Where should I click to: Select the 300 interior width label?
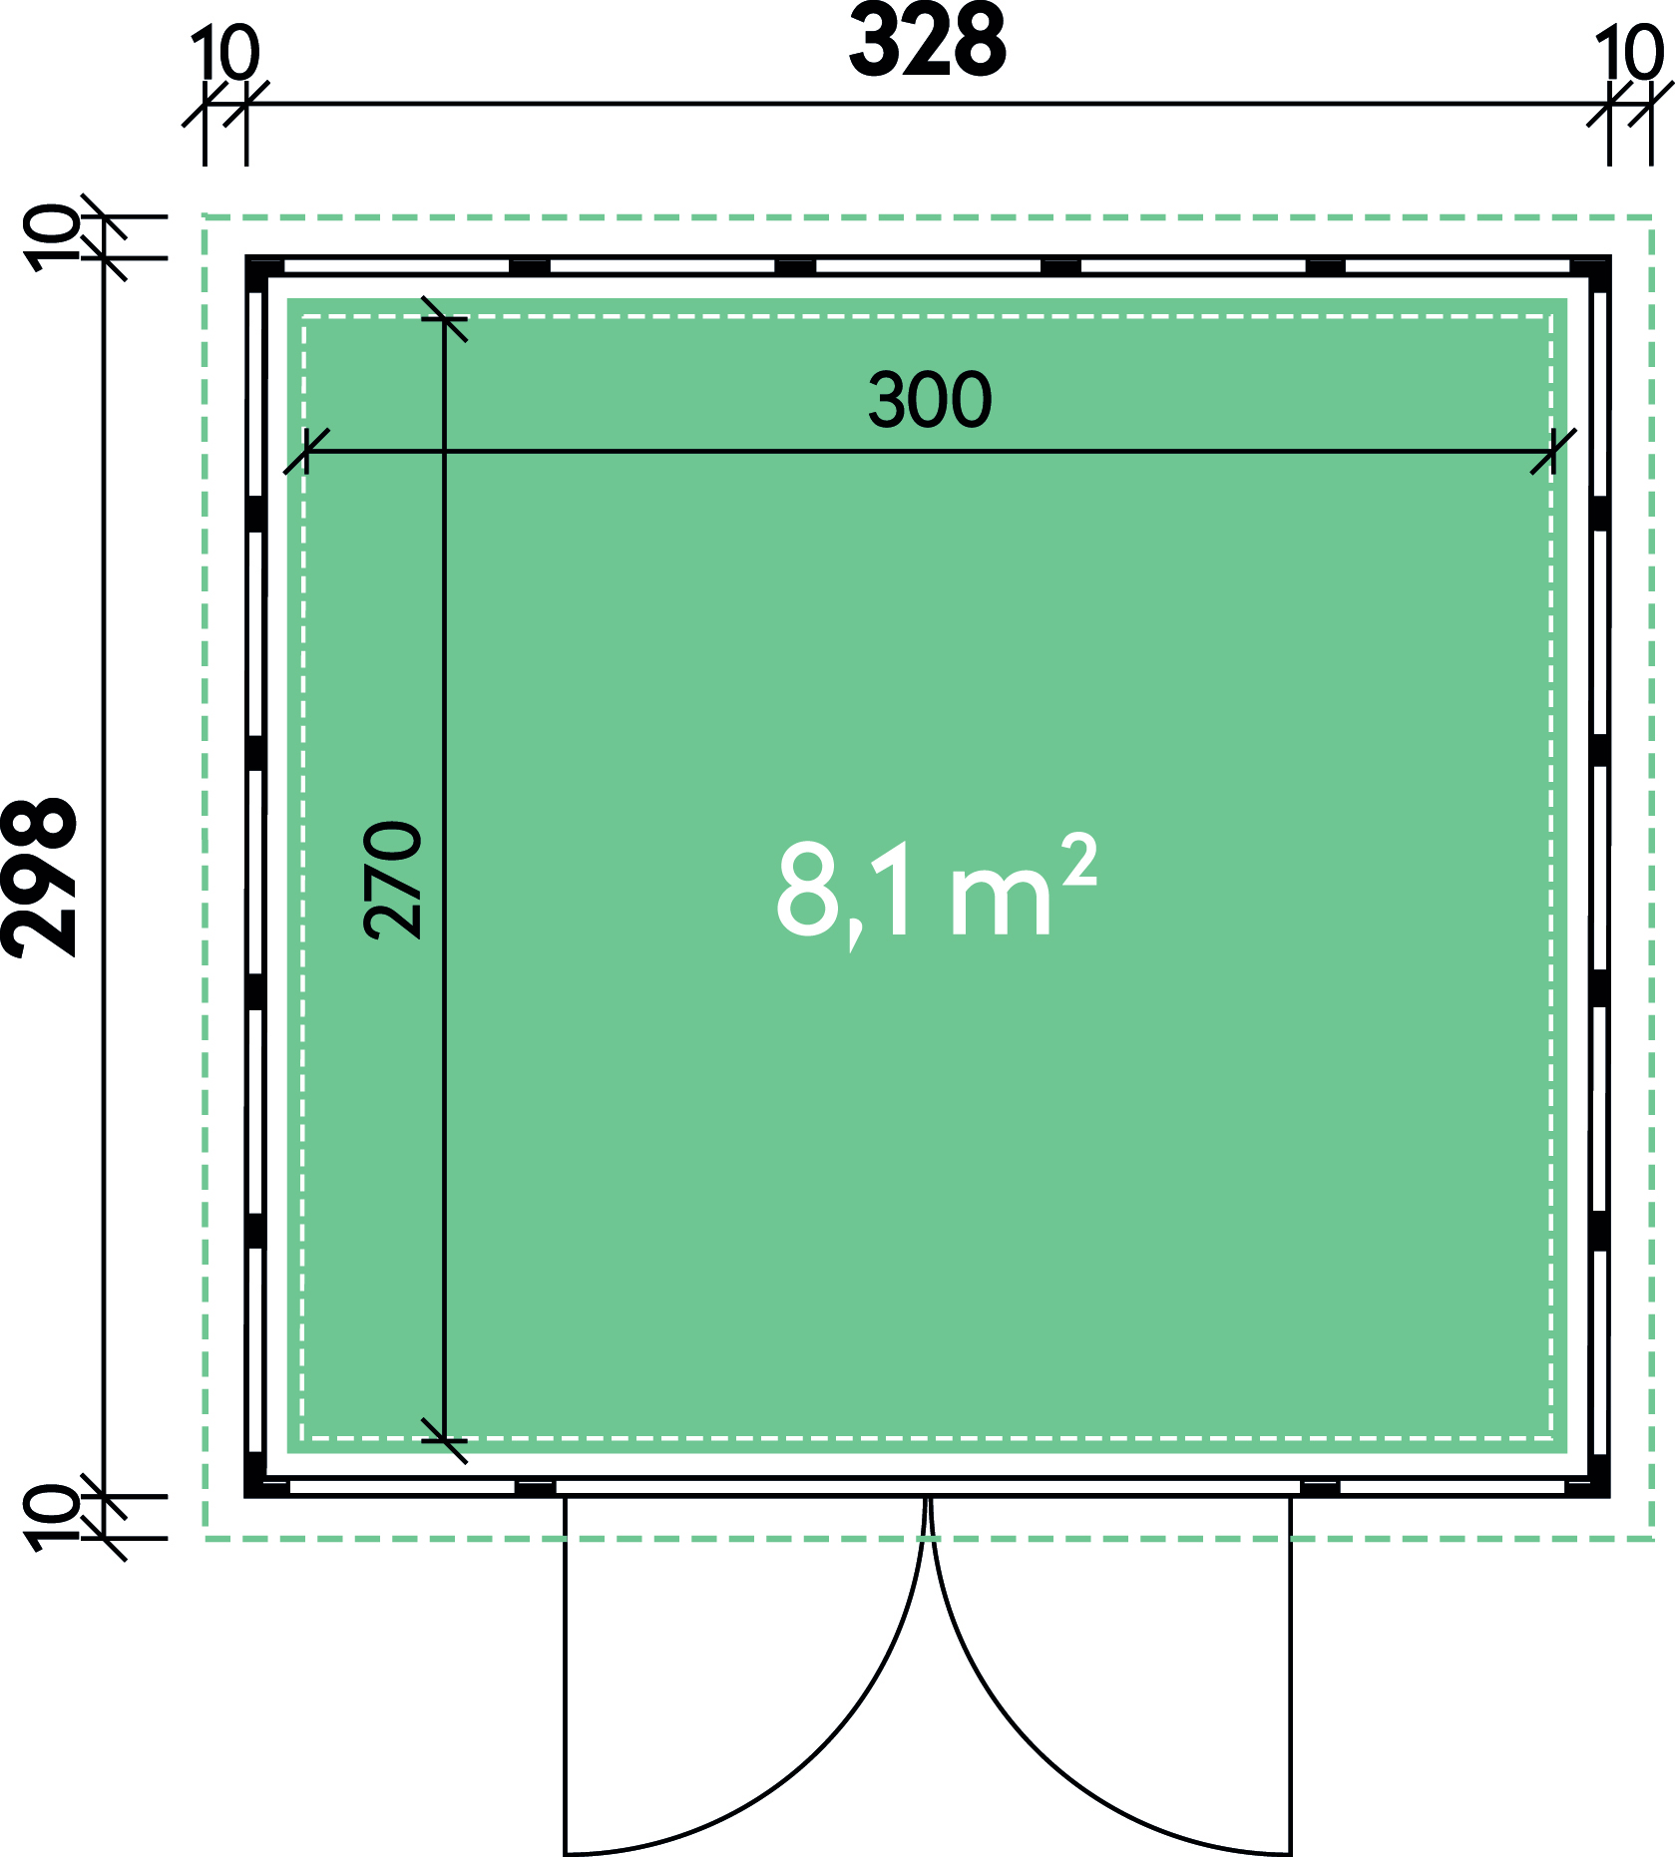point(930,400)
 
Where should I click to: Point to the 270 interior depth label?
point(393,881)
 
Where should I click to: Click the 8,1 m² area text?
point(937,890)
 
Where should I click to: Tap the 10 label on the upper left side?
point(53,237)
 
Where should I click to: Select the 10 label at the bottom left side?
point(53,1517)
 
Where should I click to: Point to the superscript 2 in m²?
point(1079,861)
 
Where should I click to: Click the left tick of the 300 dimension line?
point(306,452)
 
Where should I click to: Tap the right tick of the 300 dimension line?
point(1553,452)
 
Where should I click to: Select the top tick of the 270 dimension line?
point(444,318)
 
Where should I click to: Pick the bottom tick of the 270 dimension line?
point(444,1441)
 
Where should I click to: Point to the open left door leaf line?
point(566,1675)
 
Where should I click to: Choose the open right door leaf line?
point(1291,1675)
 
